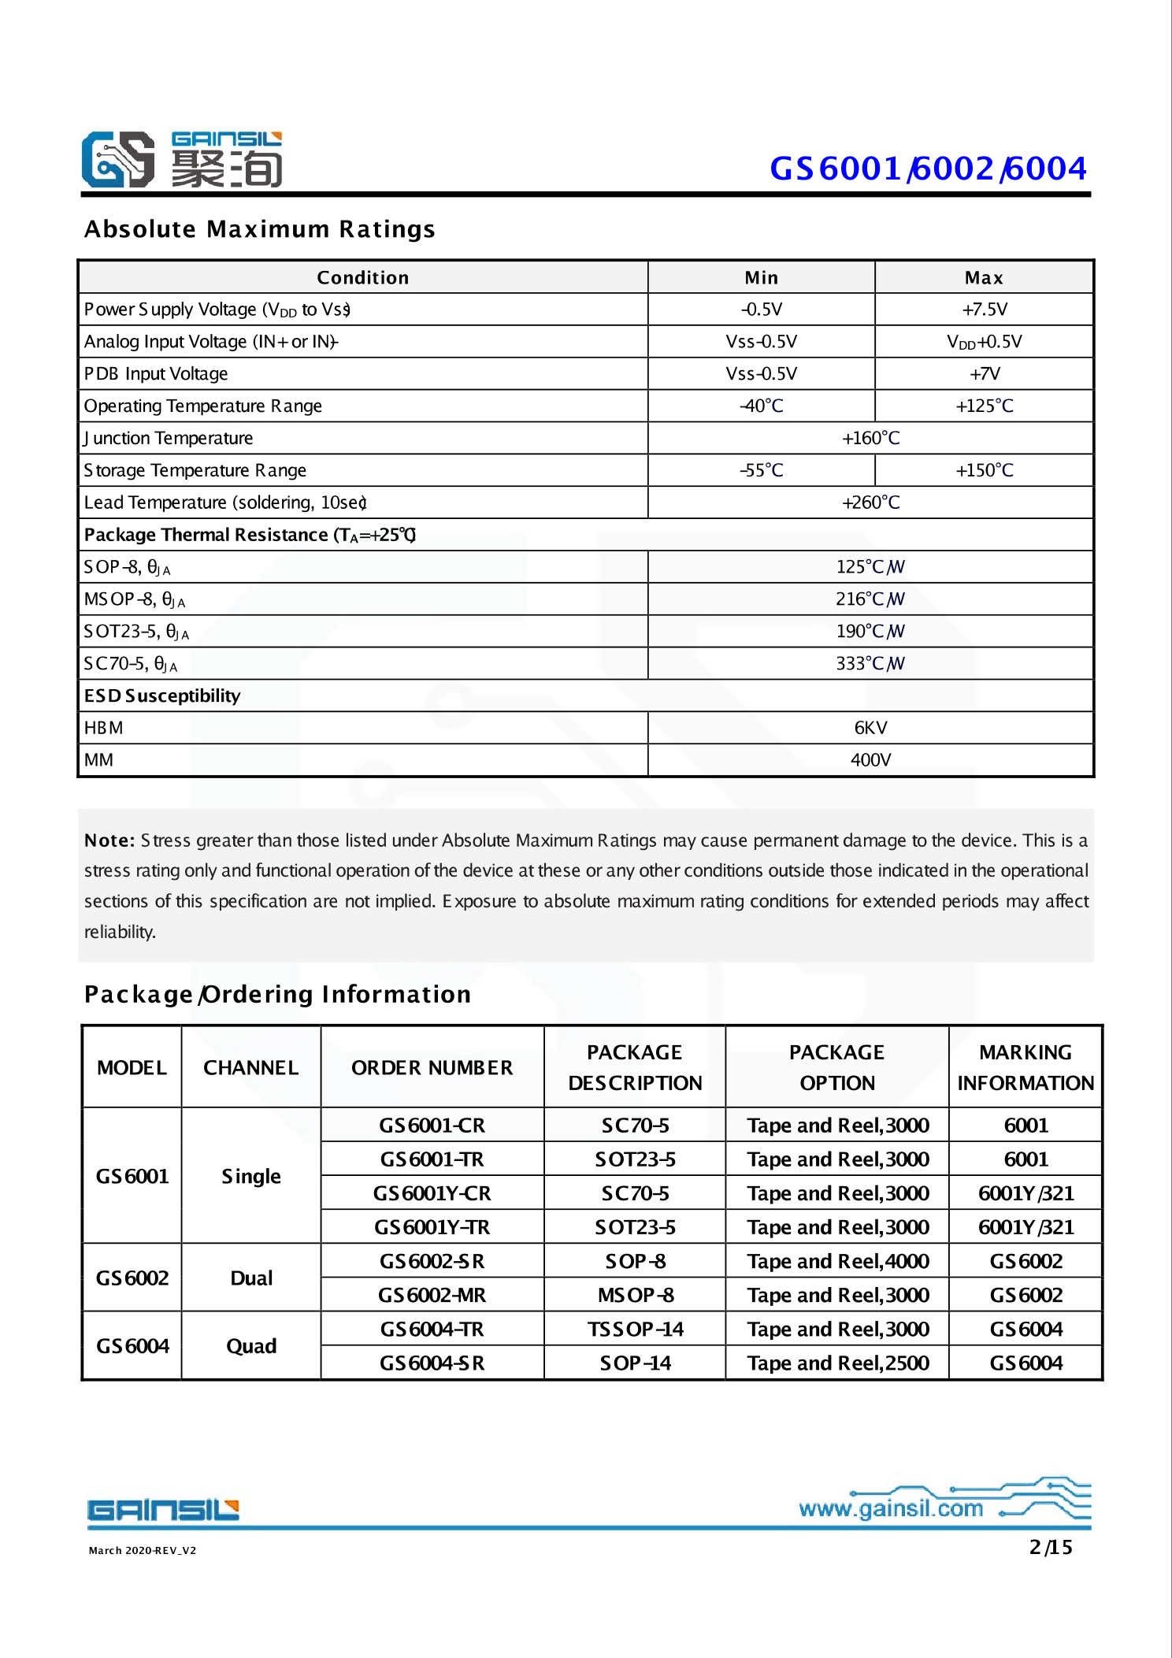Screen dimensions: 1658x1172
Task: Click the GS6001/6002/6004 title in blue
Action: coord(928,169)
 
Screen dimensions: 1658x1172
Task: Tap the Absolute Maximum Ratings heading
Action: coord(259,229)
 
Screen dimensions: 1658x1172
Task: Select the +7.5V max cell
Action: coord(984,310)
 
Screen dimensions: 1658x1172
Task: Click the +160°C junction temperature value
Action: coord(870,438)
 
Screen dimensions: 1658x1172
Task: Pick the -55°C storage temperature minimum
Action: coord(761,470)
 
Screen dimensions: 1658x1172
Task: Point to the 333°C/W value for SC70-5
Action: coord(870,663)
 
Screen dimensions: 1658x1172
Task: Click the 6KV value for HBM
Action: coord(870,728)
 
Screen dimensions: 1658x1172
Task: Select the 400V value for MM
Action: coord(870,760)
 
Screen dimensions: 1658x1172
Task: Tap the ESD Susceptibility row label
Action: coord(162,695)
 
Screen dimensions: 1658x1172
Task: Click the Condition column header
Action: coord(362,277)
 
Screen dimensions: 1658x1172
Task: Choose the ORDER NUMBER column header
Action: coord(432,1067)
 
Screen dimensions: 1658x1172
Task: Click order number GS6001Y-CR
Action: coord(432,1193)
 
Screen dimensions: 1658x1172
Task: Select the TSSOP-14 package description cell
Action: coord(635,1329)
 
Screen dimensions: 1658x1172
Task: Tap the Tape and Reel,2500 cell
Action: coord(838,1363)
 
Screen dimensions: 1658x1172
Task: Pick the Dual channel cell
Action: coord(251,1278)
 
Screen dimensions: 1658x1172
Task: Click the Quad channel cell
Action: coord(251,1346)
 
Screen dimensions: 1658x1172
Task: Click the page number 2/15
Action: coord(1051,1547)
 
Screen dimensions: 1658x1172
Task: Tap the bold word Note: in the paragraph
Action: coord(109,840)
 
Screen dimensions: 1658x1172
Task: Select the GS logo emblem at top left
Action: coord(118,159)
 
